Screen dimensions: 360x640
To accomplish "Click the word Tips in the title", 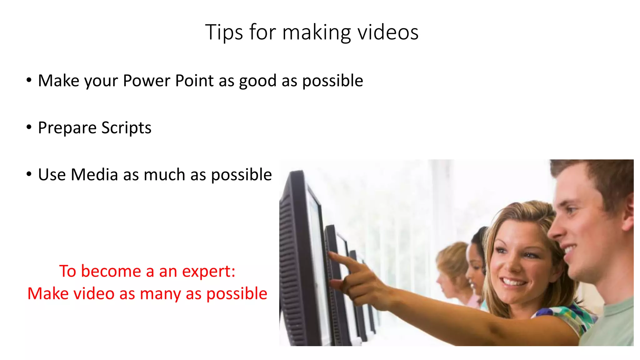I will (224, 32).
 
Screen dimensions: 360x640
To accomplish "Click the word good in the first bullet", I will (257, 81).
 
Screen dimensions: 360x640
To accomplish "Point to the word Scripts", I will (126, 128).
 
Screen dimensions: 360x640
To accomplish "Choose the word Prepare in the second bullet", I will (67, 128).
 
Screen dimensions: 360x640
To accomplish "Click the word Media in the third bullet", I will (94, 174).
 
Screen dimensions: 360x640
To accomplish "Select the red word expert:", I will (208, 271).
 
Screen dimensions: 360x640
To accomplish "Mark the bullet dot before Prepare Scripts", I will (29, 127).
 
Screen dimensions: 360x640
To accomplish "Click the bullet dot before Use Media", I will (29, 174).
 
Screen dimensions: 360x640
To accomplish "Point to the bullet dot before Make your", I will (29, 80).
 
